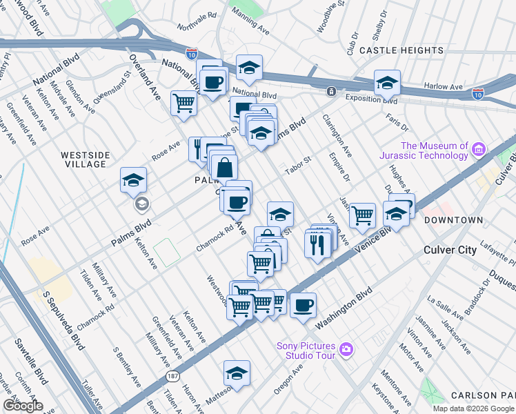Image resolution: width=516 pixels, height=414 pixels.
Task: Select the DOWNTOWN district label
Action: click(453, 220)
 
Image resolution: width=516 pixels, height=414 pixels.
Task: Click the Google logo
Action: click(22, 406)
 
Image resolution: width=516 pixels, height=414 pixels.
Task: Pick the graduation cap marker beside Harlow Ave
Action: click(388, 83)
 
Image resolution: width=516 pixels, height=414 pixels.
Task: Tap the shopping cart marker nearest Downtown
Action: click(362, 215)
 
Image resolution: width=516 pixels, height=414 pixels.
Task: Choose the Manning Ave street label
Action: click(250, 30)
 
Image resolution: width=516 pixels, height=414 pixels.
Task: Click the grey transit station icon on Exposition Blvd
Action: click(331, 91)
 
